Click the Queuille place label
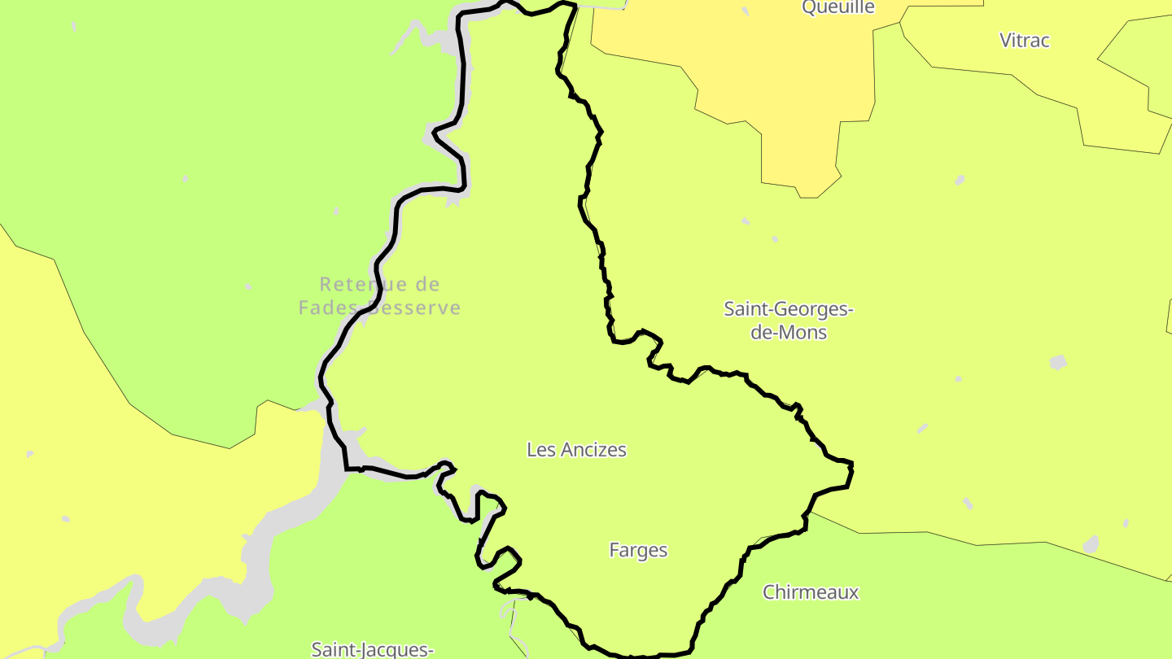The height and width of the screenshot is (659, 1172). coord(838,7)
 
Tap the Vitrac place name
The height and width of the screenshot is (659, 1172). coord(1025,40)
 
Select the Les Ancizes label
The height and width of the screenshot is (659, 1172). coord(576,449)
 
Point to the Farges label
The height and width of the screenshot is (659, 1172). coord(638,550)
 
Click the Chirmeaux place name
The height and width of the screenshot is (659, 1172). coord(810,591)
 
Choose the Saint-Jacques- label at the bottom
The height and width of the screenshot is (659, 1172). coord(372,649)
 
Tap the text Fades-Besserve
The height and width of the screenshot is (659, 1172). coord(379,308)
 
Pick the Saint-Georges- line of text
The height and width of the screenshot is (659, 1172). coord(788,309)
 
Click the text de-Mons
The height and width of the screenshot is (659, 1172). coord(788,332)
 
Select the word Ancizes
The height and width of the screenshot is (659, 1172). coord(593,449)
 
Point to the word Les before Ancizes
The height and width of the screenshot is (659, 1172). coord(540,449)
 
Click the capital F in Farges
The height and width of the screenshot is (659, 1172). coord(614,550)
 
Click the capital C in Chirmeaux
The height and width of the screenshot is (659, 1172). coord(769,591)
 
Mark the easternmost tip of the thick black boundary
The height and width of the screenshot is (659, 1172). coord(852,465)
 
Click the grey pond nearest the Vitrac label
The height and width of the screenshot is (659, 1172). coord(960,180)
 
